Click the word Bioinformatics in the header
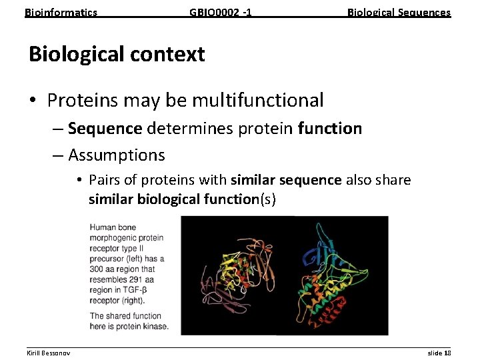coord(61,12)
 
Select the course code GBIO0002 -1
coord(220,12)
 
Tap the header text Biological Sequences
coord(399,12)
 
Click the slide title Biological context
coord(117,54)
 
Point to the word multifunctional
coord(258,101)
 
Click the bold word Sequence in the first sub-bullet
coord(105,128)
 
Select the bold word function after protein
coord(330,128)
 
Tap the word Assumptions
coord(116,155)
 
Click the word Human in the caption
coord(103,227)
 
